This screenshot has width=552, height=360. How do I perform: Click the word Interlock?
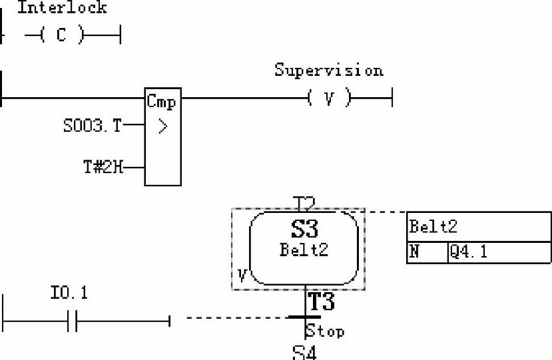click(61, 8)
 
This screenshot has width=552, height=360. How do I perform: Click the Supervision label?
click(329, 71)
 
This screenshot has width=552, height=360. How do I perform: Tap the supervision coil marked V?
click(328, 99)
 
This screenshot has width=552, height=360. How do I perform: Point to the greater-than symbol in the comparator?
click(162, 127)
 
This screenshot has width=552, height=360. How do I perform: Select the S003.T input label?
click(93, 126)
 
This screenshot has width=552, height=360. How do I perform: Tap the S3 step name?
click(304, 230)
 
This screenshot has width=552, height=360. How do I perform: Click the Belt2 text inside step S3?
click(304, 250)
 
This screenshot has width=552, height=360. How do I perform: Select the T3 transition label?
click(320, 303)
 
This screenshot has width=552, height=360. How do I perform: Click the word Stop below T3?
click(325, 331)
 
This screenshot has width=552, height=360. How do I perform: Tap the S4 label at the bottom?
click(304, 353)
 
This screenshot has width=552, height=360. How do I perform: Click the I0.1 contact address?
click(69, 293)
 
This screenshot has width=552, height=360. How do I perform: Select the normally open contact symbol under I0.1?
click(73, 322)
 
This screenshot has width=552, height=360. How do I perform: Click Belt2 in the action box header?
click(433, 227)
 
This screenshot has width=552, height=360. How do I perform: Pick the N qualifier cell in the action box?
click(414, 253)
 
